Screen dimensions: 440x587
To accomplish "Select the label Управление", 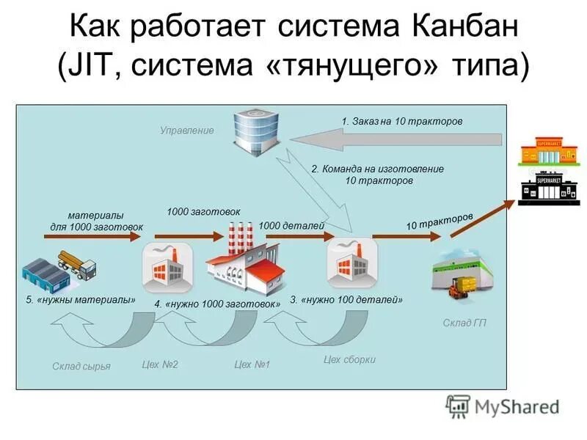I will coord(187,131).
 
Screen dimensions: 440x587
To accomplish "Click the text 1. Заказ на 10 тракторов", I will coord(402,121).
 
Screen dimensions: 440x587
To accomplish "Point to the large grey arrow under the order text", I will coord(396,139).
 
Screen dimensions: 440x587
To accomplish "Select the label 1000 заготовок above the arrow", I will coord(203,211).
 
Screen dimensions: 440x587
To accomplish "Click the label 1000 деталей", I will coord(291,226).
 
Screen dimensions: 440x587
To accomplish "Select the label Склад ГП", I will coord(464,323).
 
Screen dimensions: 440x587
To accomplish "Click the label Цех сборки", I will coord(349,359).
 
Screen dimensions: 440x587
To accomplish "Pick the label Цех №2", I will coord(160,364).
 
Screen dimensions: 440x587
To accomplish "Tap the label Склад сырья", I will coord(81,366).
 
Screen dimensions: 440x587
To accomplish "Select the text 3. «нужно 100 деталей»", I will coord(346,300).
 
